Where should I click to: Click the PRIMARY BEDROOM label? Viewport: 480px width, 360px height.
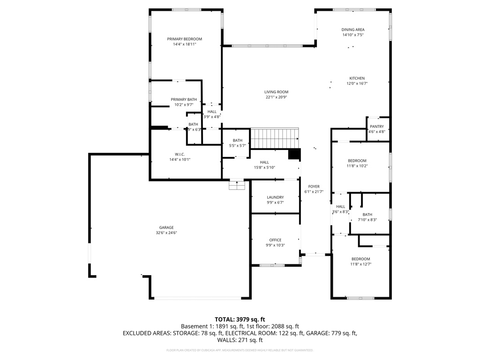[x=185, y=39]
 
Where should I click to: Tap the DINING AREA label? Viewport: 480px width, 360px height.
[x=352, y=30]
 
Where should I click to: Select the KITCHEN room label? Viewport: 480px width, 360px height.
[x=357, y=78]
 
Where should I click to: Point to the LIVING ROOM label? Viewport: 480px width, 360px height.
[x=276, y=92]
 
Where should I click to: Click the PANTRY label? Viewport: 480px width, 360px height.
[x=376, y=127]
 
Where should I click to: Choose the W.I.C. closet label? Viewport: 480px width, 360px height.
[x=180, y=154]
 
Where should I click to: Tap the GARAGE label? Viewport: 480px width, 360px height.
[x=166, y=227]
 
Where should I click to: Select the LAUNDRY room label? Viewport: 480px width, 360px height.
[x=275, y=197]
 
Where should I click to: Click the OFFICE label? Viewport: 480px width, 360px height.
[x=275, y=240]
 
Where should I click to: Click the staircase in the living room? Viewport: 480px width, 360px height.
[x=275, y=138]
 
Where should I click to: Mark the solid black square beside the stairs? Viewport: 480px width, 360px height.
[x=294, y=154]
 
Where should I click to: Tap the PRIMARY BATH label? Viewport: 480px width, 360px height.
[x=184, y=99]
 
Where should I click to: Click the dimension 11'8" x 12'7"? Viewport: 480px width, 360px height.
[x=361, y=264]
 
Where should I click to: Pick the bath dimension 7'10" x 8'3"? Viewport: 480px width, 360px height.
[x=367, y=220]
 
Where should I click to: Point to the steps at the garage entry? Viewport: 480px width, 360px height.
[x=237, y=186]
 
